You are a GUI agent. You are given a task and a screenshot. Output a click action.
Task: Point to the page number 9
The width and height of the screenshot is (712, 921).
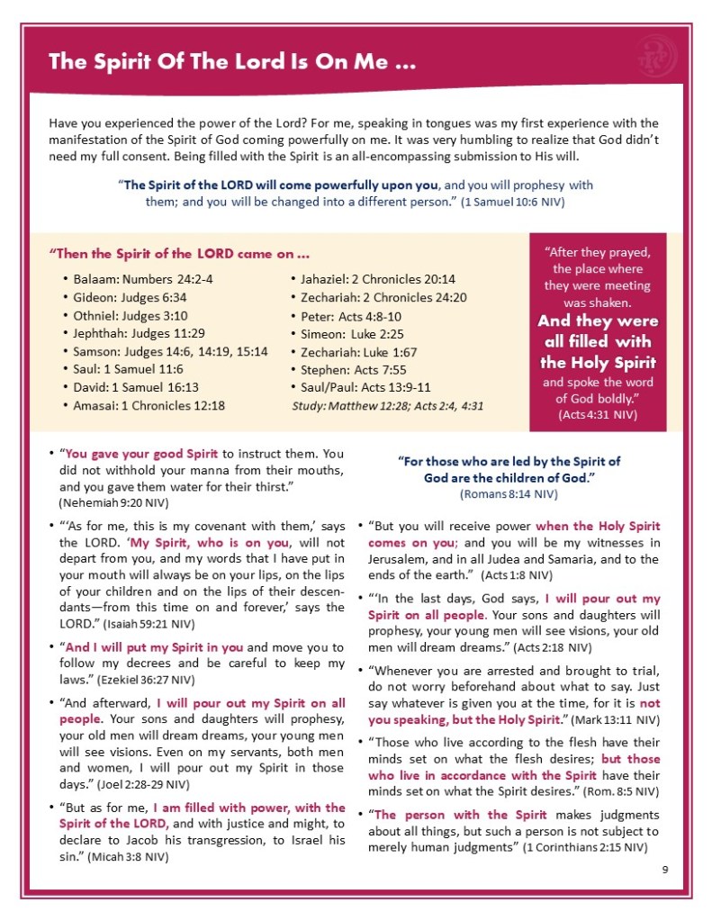[663, 869]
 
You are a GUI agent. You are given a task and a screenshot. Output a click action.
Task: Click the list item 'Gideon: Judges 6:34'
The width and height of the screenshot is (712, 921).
[131, 298]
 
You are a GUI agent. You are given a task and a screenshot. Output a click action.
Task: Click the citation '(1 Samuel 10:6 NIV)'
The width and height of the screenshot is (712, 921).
[512, 202]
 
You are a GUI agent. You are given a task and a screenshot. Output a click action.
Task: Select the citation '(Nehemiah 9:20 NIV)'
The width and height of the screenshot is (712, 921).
[114, 501]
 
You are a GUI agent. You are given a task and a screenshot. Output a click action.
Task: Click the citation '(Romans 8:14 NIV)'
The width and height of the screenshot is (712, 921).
[509, 493]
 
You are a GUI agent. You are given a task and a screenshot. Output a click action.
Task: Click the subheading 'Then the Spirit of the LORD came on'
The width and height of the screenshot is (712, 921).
[178, 254]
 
